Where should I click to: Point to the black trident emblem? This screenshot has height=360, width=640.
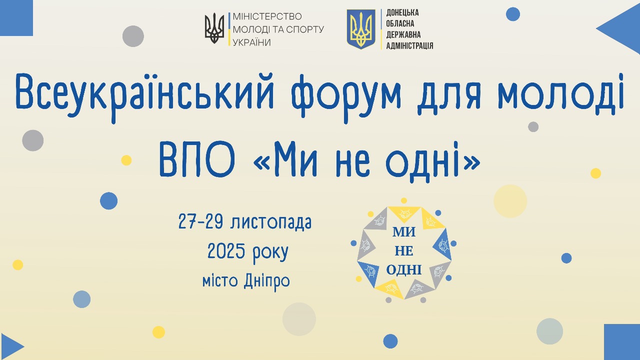click(214, 29)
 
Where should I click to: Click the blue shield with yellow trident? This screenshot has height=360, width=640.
click(361, 29)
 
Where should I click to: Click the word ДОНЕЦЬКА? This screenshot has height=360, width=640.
click(402, 12)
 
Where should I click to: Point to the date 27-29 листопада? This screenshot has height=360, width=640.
click(245, 222)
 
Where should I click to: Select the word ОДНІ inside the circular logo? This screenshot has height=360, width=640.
click(404, 270)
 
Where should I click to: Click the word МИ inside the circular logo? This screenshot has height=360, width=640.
click(404, 231)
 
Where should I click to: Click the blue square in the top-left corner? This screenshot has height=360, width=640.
click(16, 17)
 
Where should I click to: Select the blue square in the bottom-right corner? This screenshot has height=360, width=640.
click(622, 342)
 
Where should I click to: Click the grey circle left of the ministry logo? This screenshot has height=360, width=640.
click(133, 36)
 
